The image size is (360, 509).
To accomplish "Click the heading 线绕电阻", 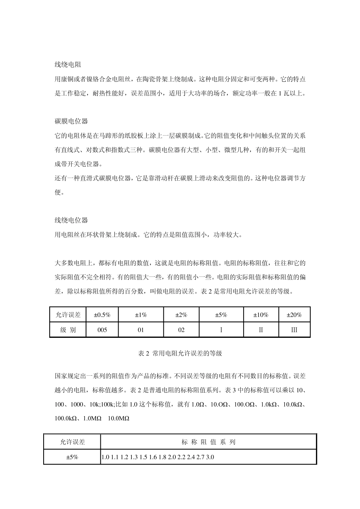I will click(x=68, y=65).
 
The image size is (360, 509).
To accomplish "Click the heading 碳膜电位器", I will click(x=71, y=121).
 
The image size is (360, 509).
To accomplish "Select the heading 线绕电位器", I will click(x=71, y=220).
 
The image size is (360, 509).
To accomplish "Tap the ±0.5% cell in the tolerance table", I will click(x=102, y=315).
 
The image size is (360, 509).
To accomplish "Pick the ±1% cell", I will click(x=141, y=315).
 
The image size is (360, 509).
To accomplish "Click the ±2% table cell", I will click(x=181, y=315).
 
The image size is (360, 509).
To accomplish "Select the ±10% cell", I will click(x=260, y=315).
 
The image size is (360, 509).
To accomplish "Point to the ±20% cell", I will click(x=294, y=315).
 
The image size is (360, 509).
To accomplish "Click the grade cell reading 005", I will click(x=102, y=330).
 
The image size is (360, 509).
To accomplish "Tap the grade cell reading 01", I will click(x=141, y=330).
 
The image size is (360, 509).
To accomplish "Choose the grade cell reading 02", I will click(x=181, y=330).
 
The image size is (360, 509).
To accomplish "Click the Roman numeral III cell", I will click(x=294, y=330).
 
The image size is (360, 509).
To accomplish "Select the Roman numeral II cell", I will click(x=260, y=330).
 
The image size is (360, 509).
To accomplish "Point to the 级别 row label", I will click(x=68, y=330).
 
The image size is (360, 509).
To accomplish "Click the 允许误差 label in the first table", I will click(x=68, y=315).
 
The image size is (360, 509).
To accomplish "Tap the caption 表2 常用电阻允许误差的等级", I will click(x=180, y=353).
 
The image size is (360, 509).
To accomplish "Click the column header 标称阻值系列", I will click(x=208, y=442).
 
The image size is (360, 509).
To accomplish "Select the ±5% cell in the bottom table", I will click(x=72, y=457).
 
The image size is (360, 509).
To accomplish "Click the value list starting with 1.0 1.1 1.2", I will click(x=157, y=457).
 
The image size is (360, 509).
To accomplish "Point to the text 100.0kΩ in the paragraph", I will click(x=66, y=418).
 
